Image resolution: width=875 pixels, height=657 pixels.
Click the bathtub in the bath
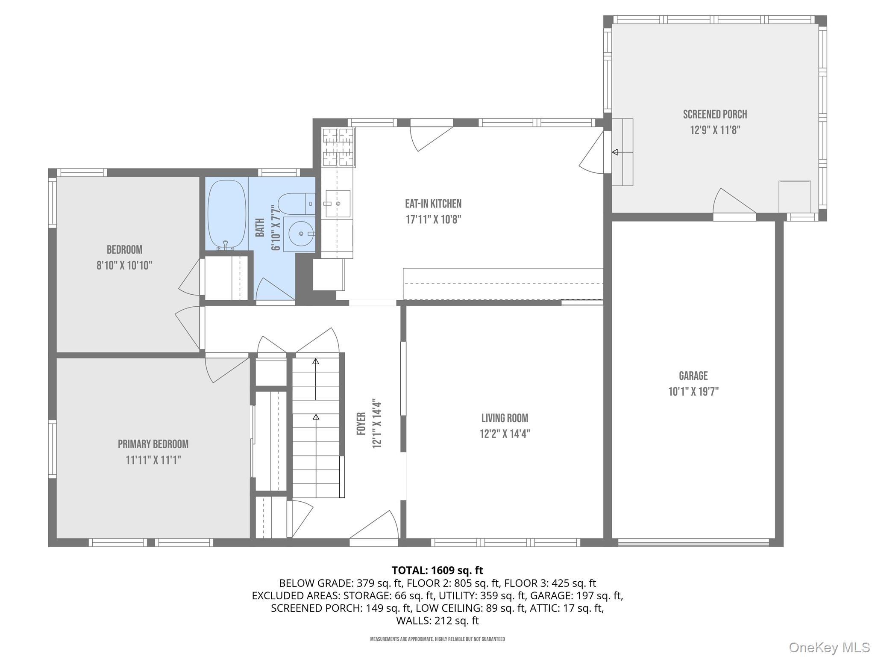(x=227, y=213)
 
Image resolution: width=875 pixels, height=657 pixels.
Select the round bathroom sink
(x=301, y=234)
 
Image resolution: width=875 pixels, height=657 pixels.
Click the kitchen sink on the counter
(x=338, y=204)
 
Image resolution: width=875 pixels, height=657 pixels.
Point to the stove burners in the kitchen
(x=339, y=147)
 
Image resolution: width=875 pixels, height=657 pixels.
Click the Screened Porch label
(x=715, y=114)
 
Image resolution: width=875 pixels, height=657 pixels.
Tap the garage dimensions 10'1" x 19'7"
(x=693, y=391)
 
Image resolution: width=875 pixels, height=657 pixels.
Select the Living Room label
(x=505, y=418)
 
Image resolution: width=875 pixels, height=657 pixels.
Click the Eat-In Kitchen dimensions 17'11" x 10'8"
(x=433, y=219)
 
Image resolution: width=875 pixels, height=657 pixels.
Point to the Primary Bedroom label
(x=153, y=444)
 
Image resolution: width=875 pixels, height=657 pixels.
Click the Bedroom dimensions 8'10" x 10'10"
(x=124, y=265)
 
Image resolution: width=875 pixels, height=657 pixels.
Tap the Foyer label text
(x=361, y=423)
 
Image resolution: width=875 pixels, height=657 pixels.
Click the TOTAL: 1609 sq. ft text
(x=437, y=570)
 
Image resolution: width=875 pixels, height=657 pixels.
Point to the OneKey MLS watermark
(x=829, y=647)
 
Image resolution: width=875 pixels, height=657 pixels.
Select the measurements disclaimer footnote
(x=437, y=639)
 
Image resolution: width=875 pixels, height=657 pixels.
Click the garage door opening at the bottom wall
(x=693, y=542)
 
